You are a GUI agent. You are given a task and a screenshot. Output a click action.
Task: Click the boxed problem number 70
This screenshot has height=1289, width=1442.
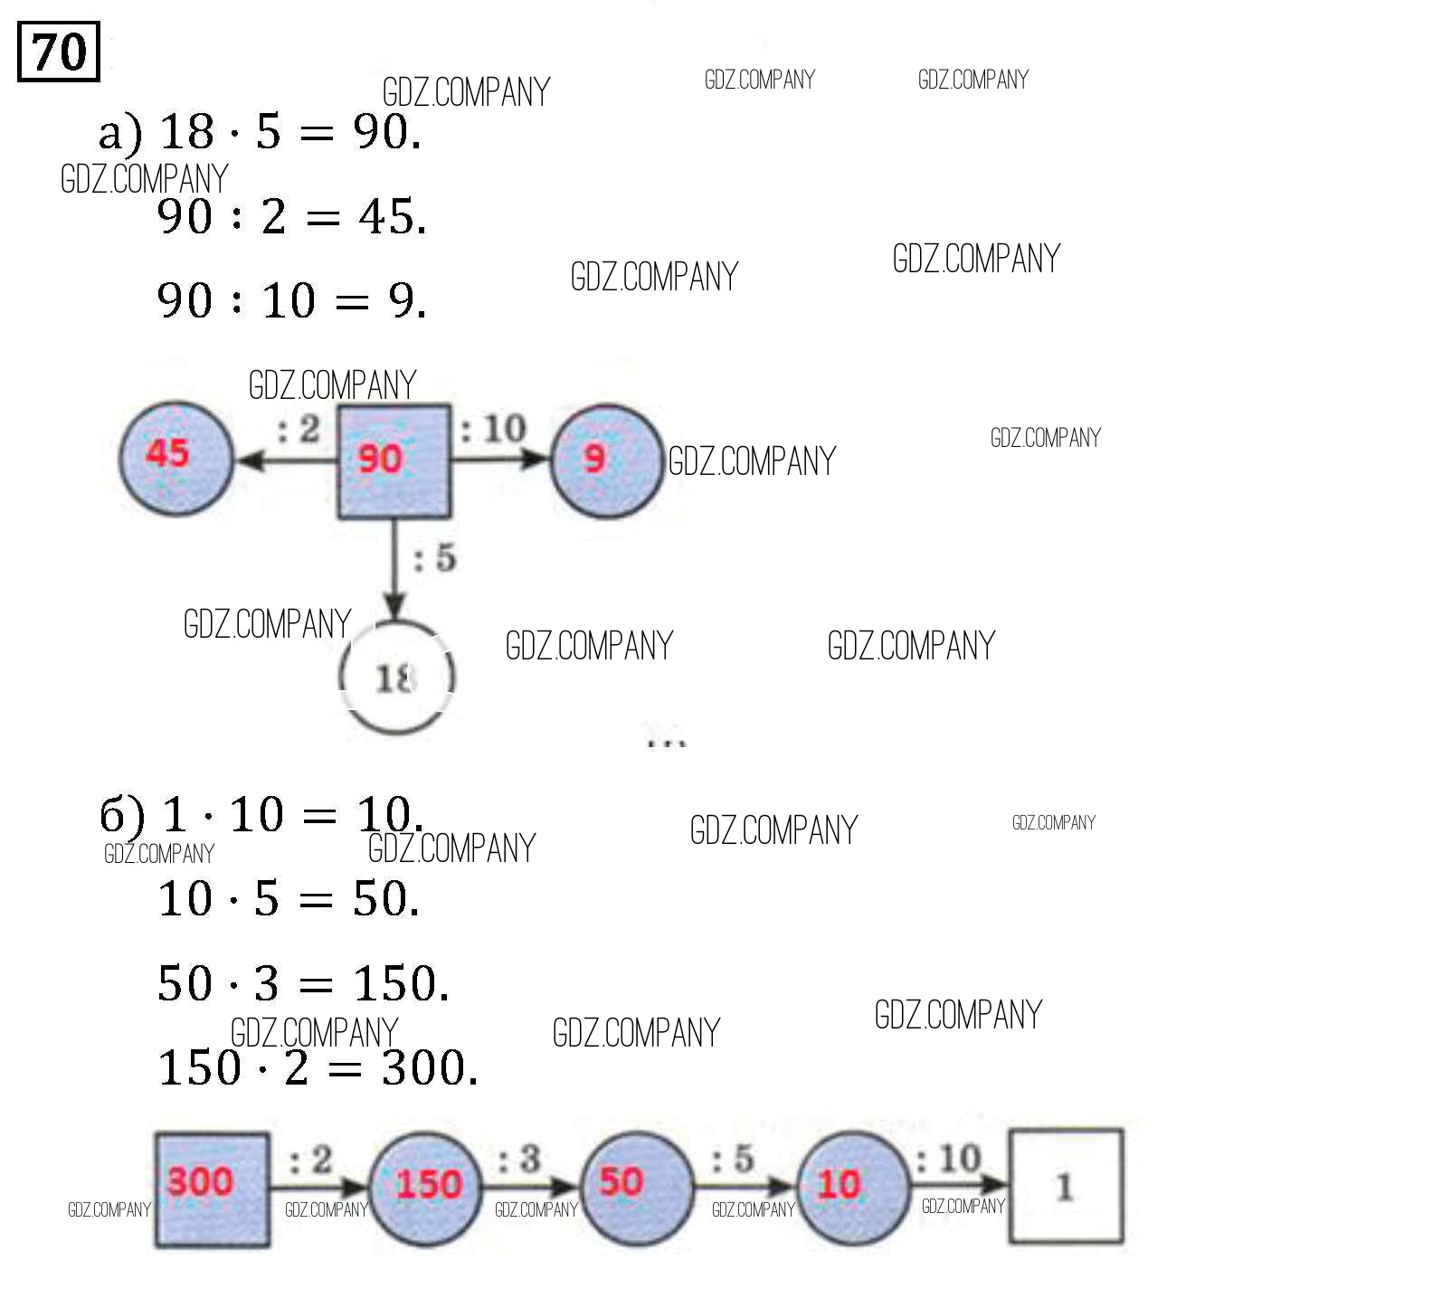coord(59,52)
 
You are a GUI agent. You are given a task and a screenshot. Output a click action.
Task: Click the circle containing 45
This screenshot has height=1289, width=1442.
coord(176,459)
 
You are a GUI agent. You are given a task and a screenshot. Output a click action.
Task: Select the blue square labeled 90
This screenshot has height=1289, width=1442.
coord(394,461)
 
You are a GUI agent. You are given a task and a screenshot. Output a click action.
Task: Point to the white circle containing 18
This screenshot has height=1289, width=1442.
coord(396,677)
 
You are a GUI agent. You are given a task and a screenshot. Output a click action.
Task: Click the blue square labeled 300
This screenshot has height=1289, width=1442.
coord(212,1189)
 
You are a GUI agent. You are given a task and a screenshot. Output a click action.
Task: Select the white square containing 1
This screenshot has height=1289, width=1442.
coord(1066,1186)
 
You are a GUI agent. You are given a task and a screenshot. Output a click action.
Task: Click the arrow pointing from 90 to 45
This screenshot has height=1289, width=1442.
coord(285,460)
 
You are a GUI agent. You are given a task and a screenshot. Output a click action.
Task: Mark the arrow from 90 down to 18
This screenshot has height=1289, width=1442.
coord(394,570)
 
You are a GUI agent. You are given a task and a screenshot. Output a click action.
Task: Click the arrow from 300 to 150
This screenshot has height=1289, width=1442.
coord(319,1184)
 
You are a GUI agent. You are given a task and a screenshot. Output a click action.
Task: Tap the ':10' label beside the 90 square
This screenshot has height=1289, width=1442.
coord(494,429)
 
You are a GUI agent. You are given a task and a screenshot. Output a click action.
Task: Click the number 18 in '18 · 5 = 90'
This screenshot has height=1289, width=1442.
coord(186,132)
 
